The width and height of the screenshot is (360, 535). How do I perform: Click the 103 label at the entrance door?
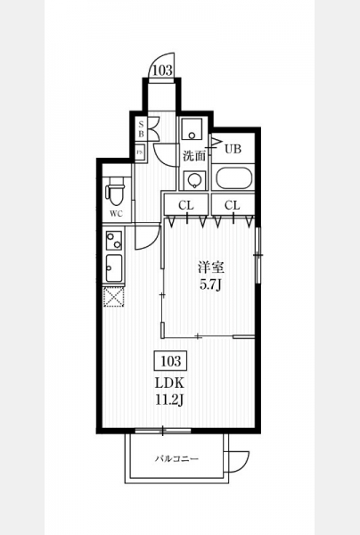pos(162,70)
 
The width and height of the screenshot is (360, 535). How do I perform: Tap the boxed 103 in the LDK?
pos(170,360)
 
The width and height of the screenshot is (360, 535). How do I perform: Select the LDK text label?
pos(170,383)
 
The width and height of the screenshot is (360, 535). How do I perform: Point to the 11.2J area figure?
pos(170,399)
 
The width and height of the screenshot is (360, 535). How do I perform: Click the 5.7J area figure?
pos(210,284)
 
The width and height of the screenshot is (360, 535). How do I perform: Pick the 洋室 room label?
pos(211,267)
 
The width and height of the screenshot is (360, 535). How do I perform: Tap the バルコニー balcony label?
pos(176,458)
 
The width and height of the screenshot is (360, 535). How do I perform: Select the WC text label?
pos(116,214)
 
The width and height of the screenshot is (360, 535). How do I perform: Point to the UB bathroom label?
pos(233,149)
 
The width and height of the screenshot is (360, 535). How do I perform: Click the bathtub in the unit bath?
pos(233,178)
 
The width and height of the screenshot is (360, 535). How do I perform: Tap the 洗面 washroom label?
pos(194,156)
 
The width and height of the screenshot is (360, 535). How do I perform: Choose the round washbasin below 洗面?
pos(195,180)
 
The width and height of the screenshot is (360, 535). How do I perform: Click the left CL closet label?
pos(186,205)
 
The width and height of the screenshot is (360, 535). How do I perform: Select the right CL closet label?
pos(233,205)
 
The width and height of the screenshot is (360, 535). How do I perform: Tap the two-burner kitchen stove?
pos(114,240)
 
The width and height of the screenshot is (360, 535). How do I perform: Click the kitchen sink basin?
pos(114,268)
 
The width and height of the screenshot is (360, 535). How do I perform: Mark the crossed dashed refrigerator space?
pos(113,297)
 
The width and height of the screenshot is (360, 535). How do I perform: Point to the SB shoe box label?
pos(141,129)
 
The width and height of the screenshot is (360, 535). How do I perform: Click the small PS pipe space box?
pos(140,152)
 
